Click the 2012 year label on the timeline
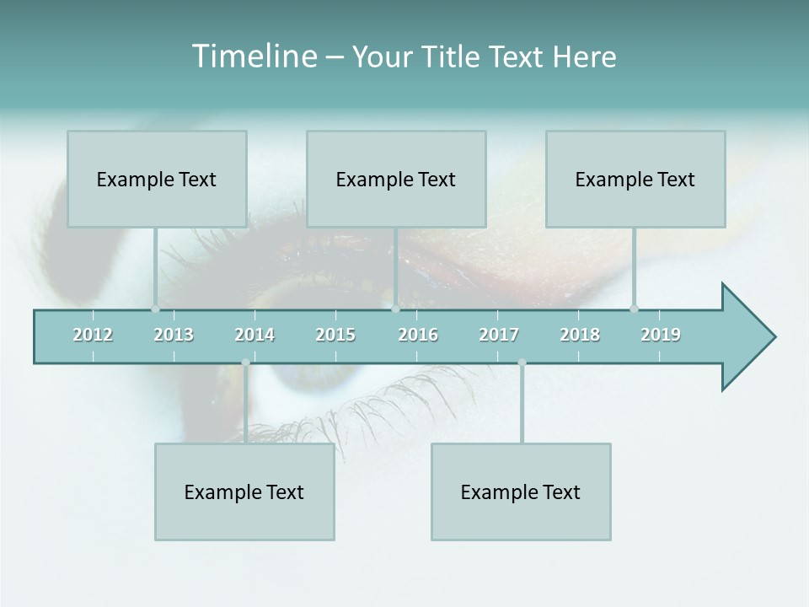click(93, 335)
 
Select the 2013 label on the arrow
click(174, 335)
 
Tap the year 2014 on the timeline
click(254, 335)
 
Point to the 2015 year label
click(335, 335)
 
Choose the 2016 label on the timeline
click(418, 335)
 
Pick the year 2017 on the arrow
click(499, 335)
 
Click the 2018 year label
click(580, 335)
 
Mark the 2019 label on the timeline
click(661, 335)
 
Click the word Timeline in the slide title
click(254, 56)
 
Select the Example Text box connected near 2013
click(157, 179)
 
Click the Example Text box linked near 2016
click(396, 179)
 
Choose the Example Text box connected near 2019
click(635, 179)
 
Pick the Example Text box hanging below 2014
click(244, 492)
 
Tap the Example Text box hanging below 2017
click(521, 492)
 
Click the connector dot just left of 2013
click(155, 309)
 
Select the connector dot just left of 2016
click(395, 309)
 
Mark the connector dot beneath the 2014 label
click(245, 363)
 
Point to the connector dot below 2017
click(522, 363)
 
